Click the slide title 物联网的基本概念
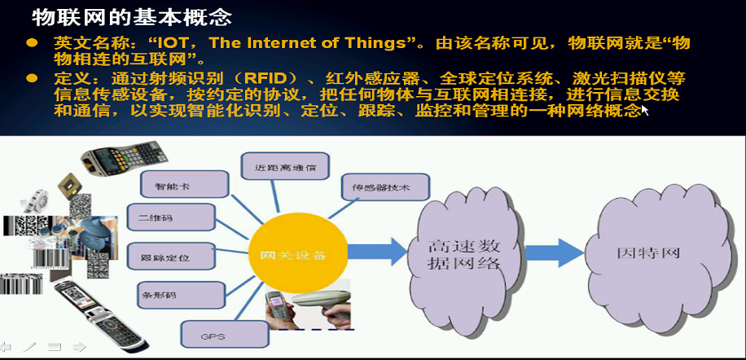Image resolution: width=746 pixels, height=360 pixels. click(x=132, y=18)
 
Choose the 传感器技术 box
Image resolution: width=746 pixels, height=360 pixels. click(x=385, y=187)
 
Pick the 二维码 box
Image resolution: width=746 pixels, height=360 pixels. click(x=171, y=217)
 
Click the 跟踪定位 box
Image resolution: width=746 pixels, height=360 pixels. click(x=172, y=256)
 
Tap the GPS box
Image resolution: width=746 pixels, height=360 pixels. click(x=225, y=334)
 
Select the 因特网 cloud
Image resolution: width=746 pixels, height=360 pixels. click(x=658, y=253)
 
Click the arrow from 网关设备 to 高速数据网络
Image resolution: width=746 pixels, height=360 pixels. click(x=378, y=252)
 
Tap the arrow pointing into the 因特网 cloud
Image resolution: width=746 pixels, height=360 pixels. click(x=555, y=252)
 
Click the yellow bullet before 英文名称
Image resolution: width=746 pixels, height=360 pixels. click(x=32, y=43)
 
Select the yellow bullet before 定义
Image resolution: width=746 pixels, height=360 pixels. click(x=32, y=78)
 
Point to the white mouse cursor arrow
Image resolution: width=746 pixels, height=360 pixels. click(x=645, y=110)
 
